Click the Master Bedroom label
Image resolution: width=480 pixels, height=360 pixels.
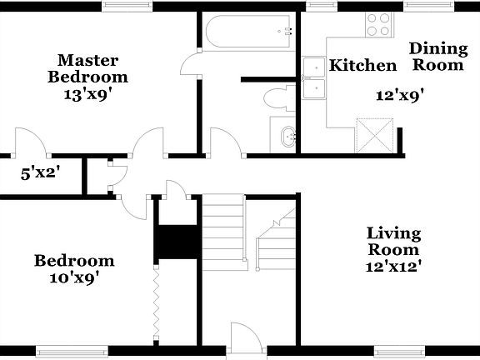point(87,68)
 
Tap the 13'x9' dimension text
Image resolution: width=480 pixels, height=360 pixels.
point(87,94)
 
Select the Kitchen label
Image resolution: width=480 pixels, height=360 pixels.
point(362,66)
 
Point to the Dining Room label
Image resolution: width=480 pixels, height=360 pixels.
point(437,56)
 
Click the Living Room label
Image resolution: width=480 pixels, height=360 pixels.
point(394,241)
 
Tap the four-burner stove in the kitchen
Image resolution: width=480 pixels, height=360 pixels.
point(378,24)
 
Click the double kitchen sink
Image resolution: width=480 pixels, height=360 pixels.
point(314,77)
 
